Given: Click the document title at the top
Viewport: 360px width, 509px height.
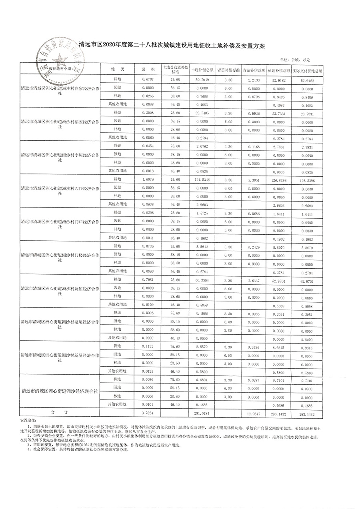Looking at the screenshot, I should [x=172, y=46].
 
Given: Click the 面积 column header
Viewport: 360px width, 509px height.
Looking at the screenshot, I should [x=148, y=69].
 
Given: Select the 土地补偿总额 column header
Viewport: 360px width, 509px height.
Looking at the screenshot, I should [x=202, y=70].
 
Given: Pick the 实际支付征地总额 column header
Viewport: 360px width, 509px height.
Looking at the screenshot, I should [x=307, y=70].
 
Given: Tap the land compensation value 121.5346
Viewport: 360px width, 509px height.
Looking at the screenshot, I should [x=202, y=180].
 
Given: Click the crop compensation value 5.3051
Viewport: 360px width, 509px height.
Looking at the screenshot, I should [x=254, y=180].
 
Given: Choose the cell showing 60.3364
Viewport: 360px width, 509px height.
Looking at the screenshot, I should [x=202, y=280].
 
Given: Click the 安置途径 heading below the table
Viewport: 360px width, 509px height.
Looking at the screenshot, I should [x=28, y=420].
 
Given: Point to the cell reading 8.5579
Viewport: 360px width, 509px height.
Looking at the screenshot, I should [x=202, y=347].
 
